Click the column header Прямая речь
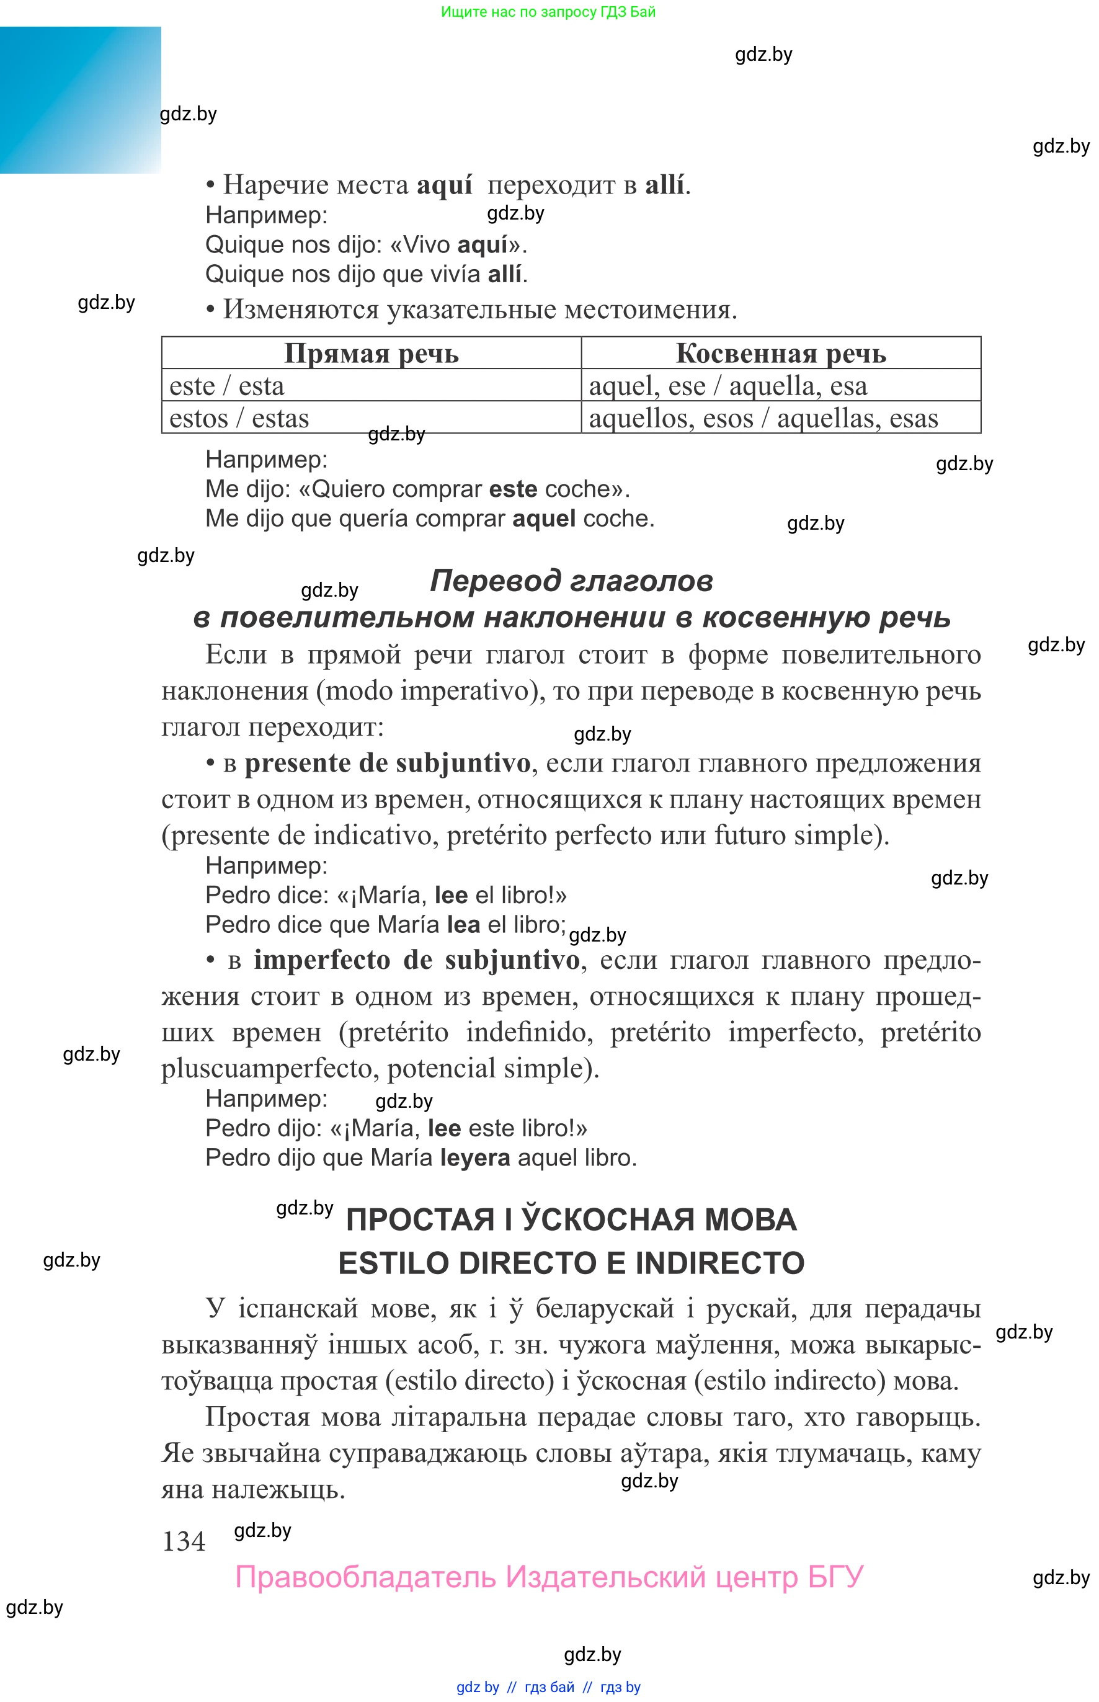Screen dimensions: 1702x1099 (371, 354)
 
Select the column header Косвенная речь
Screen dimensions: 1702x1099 (781, 354)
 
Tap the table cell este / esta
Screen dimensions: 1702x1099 (227, 385)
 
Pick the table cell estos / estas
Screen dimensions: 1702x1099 (239, 418)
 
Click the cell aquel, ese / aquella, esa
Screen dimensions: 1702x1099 (728, 385)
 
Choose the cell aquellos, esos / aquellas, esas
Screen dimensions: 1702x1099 (763, 418)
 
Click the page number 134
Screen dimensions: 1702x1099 (184, 1541)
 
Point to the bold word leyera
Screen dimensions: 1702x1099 (474, 1157)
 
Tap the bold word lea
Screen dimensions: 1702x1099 (463, 924)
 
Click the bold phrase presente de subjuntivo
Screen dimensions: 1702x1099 (388, 763)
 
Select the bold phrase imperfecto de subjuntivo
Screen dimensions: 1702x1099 (417, 960)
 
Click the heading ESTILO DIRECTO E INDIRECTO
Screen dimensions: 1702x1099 (571, 1262)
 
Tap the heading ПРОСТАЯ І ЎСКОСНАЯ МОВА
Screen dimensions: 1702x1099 (571, 1219)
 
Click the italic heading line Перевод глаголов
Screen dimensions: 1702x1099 (571, 581)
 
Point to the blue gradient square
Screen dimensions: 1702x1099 (80, 100)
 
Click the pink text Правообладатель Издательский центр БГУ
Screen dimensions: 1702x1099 (549, 1577)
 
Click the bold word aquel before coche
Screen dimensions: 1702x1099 (544, 518)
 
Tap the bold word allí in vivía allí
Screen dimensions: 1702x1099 (505, 274)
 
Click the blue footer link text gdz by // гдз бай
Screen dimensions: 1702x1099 (548, 1687)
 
